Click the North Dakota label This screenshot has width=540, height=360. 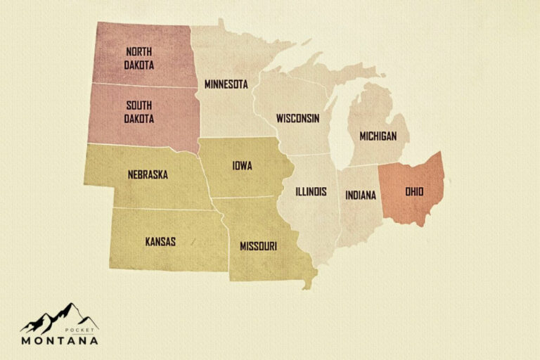(x=139, y=58)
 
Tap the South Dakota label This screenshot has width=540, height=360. (x=139, y=112)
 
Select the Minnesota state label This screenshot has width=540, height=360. (x=226, y=84)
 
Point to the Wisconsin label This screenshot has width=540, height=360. (x=297, y=117)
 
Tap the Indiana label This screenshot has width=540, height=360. (x=361, y=195)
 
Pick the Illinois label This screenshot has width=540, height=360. (x=309, y=191)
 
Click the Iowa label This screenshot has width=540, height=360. (x=242, y=166)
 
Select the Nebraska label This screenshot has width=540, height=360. (x=148, y=174)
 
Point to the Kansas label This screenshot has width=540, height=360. (x=160, y=241)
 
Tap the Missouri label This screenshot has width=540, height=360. (x=258, y=246)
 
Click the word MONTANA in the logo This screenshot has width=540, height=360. (x=59, y=340)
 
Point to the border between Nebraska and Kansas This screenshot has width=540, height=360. (x=162, y=209)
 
